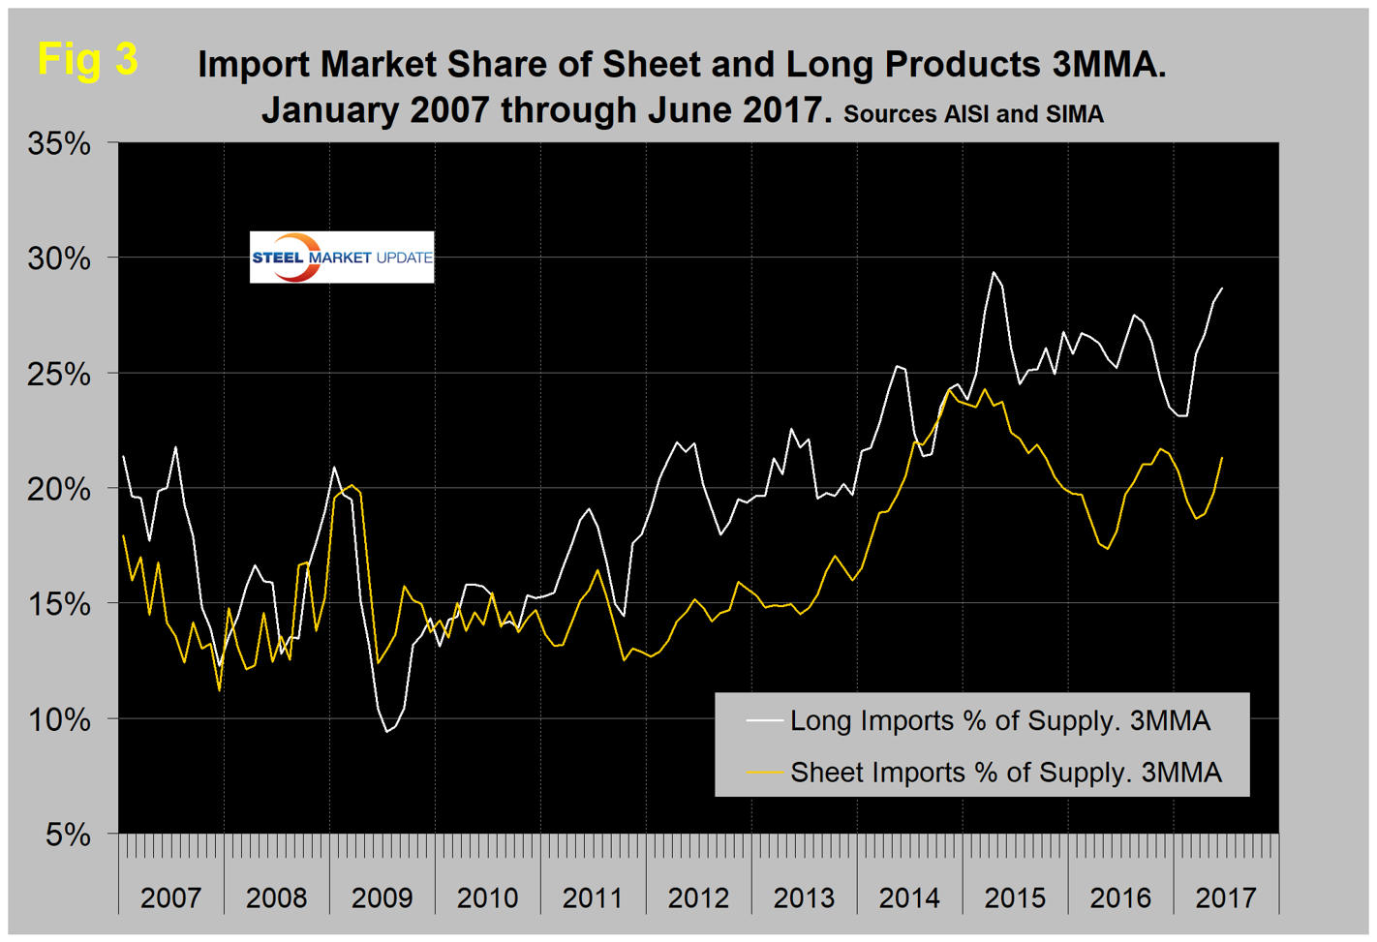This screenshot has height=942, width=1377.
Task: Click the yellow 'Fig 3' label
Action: pyautogui.click(x=88, y=59)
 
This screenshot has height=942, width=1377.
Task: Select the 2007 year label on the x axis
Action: pyautogui.click(x=170, y=897)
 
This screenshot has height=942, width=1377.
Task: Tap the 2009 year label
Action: pyautogui.click(x=382, y=897)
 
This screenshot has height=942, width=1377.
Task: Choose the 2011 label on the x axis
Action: pyautogui.click(x=593, y=897)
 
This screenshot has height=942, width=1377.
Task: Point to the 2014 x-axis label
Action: pyautogui.click(x=909, y=897)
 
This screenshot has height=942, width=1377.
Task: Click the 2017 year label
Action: pyautogui.click(x=1226, y=897)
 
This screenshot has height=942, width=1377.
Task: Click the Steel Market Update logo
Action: pyautogui.click(x=342, y=258)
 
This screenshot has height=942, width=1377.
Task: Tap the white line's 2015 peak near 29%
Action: pyautogui.click(x=994, y=273)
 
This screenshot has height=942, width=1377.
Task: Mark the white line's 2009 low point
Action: pyautogui.click(x=386, y=731)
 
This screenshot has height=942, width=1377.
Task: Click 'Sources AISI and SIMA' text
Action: pyautogui.click(x=973, y=114)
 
